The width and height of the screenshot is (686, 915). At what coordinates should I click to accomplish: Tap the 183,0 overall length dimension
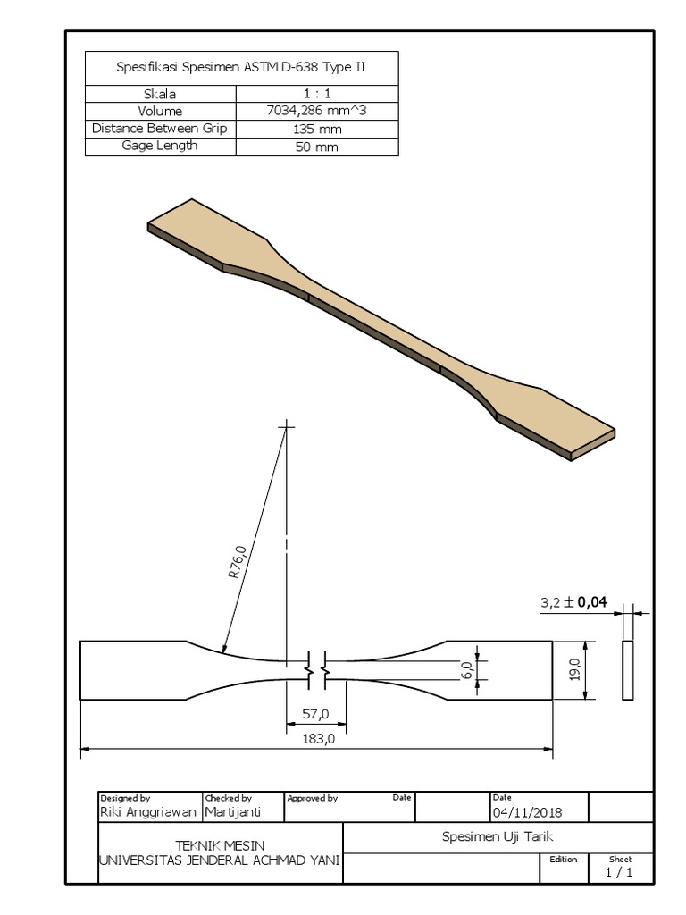(317, 738)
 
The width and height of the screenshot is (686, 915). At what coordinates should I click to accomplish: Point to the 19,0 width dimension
(575, 669)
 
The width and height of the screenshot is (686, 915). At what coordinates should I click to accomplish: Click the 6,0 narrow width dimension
(466, 670)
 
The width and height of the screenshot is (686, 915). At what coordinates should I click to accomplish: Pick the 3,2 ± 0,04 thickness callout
(573, 603)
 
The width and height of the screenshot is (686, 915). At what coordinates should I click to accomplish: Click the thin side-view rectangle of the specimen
(627, 669)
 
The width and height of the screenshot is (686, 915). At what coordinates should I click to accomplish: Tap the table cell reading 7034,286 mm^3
(317, 112)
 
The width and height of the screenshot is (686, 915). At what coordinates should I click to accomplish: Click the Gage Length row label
(160, 146)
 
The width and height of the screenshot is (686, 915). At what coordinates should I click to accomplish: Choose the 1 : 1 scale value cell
(317, 94)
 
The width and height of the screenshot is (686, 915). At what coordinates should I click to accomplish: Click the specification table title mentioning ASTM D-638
(241, 67)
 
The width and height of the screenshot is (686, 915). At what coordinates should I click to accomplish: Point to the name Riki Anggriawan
(148, 812)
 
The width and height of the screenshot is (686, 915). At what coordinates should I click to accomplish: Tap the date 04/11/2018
(527, 812)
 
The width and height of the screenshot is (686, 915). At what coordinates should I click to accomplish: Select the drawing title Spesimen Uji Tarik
(498, 837)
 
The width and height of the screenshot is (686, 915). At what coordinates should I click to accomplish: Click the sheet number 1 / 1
(620, 873)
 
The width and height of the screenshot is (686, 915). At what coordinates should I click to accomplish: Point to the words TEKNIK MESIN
(220, 845)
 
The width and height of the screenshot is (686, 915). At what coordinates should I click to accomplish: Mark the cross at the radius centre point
(287, 428)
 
